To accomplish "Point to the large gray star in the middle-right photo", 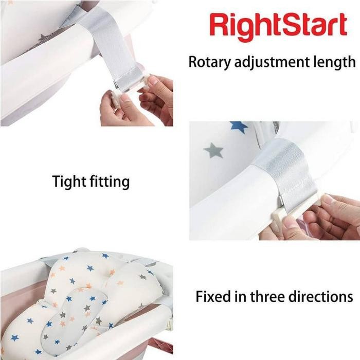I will pos(213,150).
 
